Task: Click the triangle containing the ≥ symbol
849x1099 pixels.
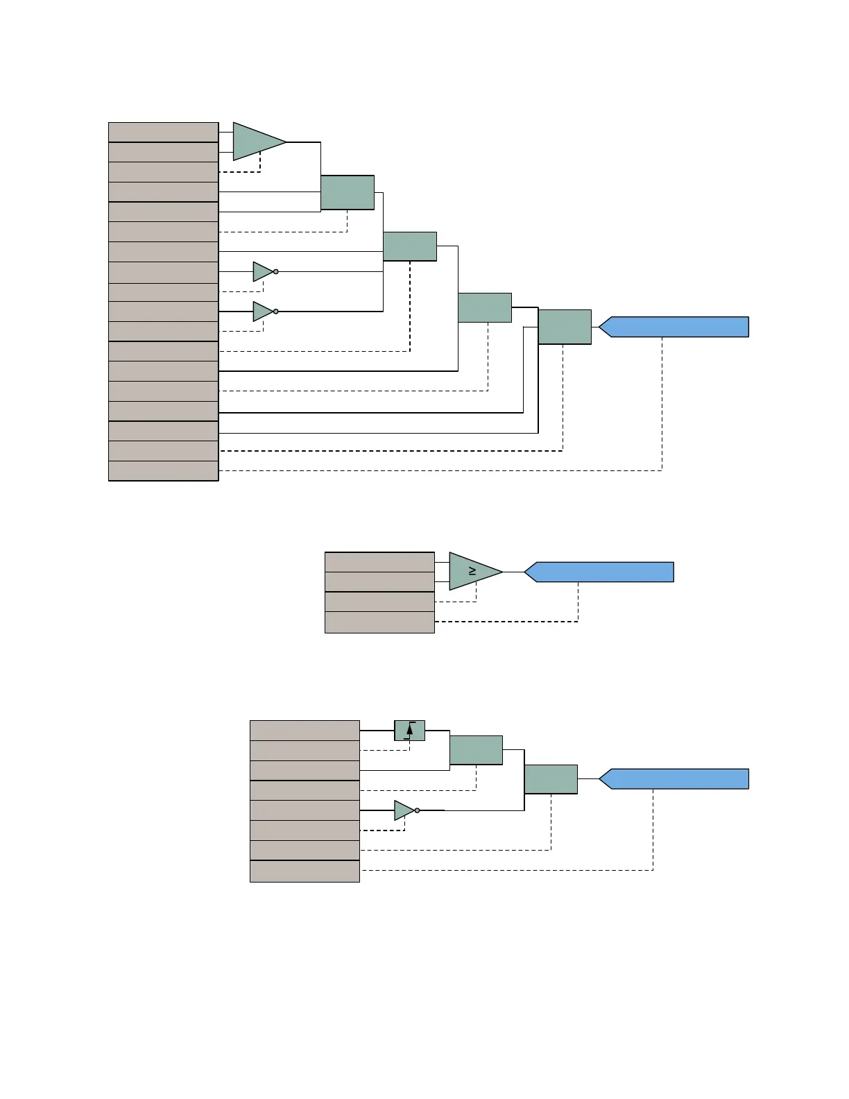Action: coord(472,571)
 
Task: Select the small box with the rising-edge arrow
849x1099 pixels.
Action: coord(409,730)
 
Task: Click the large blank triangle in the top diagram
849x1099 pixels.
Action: coord(255,142)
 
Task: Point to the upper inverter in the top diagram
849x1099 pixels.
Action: coord(263,271)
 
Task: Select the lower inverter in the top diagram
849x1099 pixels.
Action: coord(263,312)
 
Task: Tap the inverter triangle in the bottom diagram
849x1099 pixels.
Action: coord(404,810)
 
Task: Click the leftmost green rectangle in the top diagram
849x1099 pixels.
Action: coord(348,192)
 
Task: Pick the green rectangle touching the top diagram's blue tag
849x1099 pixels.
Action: coord(565,327)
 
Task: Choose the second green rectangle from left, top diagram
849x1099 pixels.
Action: coord(410,246)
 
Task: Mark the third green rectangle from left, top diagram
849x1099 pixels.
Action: coord(485,307)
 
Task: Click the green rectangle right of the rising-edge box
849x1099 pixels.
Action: coord(476,750)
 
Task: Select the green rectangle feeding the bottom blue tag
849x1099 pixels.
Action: coord(551,779)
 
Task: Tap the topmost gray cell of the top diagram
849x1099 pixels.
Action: coord(164,132)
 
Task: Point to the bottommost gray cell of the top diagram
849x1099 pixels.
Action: coord(164,471)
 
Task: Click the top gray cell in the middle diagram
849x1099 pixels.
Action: coord(379,562)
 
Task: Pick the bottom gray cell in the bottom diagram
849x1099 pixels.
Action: coord(305,871)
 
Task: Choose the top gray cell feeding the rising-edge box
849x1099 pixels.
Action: coord(305,731)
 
